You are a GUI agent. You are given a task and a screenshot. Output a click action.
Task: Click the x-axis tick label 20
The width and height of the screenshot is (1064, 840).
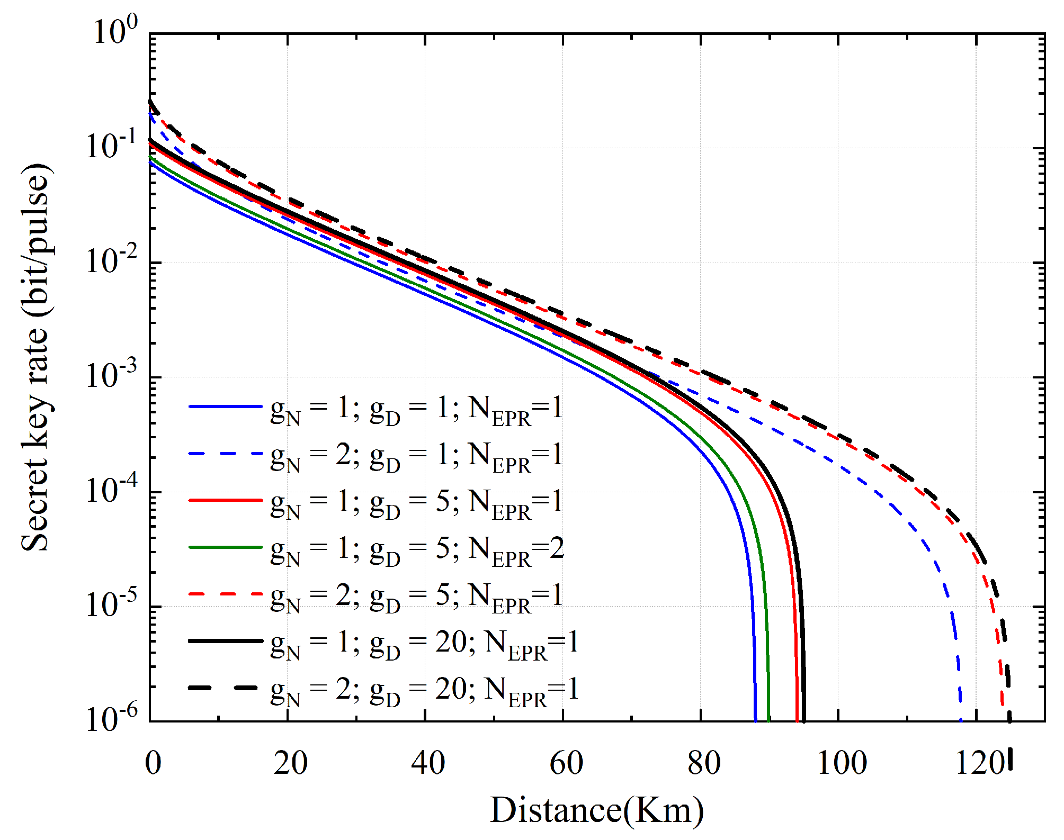[x=290, y=763]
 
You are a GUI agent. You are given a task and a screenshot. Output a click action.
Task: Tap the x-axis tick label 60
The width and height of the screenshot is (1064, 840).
[x=566, y=763]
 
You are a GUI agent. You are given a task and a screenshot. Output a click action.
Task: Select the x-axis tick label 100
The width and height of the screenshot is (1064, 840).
[x=842, y=763]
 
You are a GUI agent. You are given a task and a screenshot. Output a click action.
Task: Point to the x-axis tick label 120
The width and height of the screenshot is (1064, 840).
[x=979, y=763]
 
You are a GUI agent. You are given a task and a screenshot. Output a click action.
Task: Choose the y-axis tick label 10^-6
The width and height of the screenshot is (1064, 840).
[x=111, y=718]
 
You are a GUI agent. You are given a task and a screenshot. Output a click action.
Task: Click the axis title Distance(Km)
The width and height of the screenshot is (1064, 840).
[x=596, y=810]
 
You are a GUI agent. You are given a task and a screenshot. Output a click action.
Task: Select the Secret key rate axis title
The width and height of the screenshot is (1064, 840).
[x=36, y=357]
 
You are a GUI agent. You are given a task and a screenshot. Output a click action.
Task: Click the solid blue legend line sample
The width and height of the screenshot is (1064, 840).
[x=226, y=407]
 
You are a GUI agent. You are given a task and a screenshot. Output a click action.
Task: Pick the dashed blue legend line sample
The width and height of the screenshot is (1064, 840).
[x=226, y=454]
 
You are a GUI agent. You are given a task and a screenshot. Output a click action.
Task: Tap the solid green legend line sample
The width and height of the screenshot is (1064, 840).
[x=226, y=547]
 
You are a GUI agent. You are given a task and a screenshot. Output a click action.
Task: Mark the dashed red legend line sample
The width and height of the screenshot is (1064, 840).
[x=226, y=594]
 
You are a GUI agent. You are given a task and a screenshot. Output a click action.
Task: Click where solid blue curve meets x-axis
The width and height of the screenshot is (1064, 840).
[x=755, y=720]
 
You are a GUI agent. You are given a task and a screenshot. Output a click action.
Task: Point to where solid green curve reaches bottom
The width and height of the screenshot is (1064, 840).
[x=768, y=720]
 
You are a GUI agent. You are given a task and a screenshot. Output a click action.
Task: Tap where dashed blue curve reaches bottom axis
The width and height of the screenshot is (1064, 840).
[x=961, y=720]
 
